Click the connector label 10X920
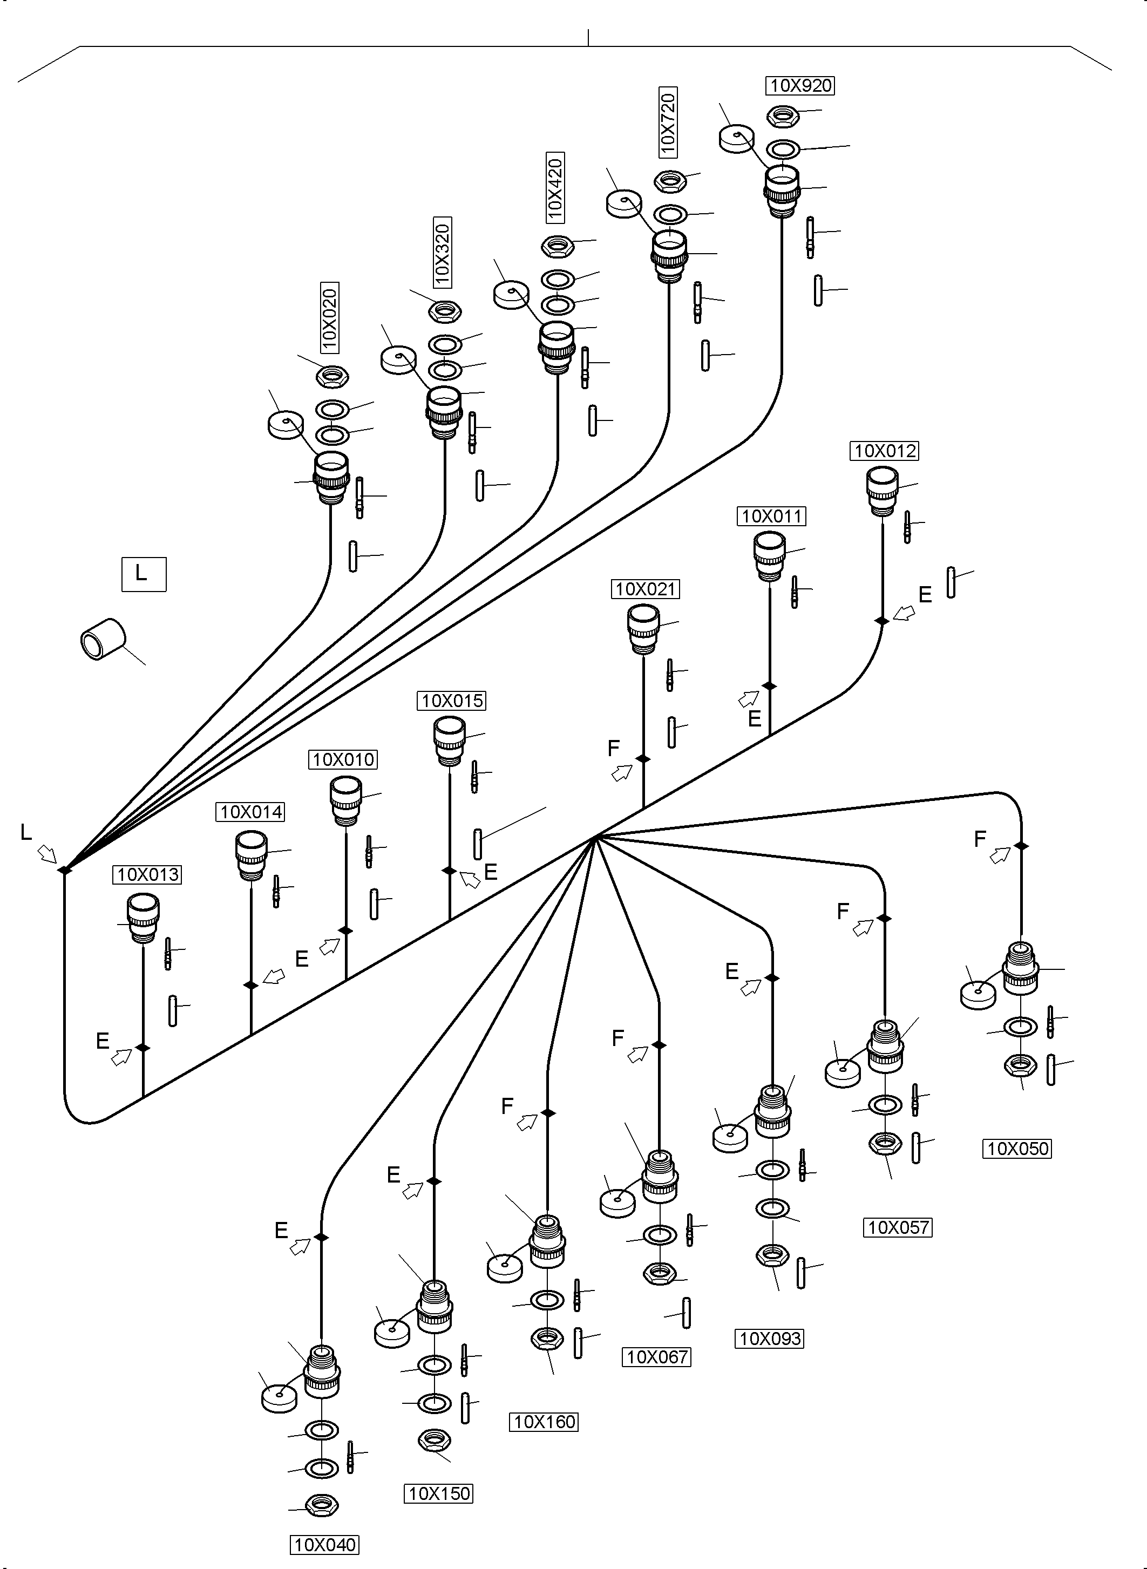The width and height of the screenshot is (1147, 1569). tap(801, 85)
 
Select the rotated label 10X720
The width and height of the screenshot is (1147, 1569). tap(667, 123)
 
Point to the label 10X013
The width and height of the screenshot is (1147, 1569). tap(147, 875)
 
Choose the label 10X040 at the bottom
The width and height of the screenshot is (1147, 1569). tap(325, 1545)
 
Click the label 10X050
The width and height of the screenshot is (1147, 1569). tap(1017, 1149)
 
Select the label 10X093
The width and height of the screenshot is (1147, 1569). tap(769, 1339)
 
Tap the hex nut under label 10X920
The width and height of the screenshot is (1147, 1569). tap(783, 116)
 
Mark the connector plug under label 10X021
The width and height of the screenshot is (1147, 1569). tap(643, 628)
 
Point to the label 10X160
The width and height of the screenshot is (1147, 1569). tap(544, 1422)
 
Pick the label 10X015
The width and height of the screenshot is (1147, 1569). tap(452, 701)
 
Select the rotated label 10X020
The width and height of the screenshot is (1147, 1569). tap(329, 318)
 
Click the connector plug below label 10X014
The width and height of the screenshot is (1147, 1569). tap(252, 857)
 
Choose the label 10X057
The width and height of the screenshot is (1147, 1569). tap(898, 1227)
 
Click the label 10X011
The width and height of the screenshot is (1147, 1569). tap(771, 516)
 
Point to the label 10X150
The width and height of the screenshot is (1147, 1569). tap(439, 1493)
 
